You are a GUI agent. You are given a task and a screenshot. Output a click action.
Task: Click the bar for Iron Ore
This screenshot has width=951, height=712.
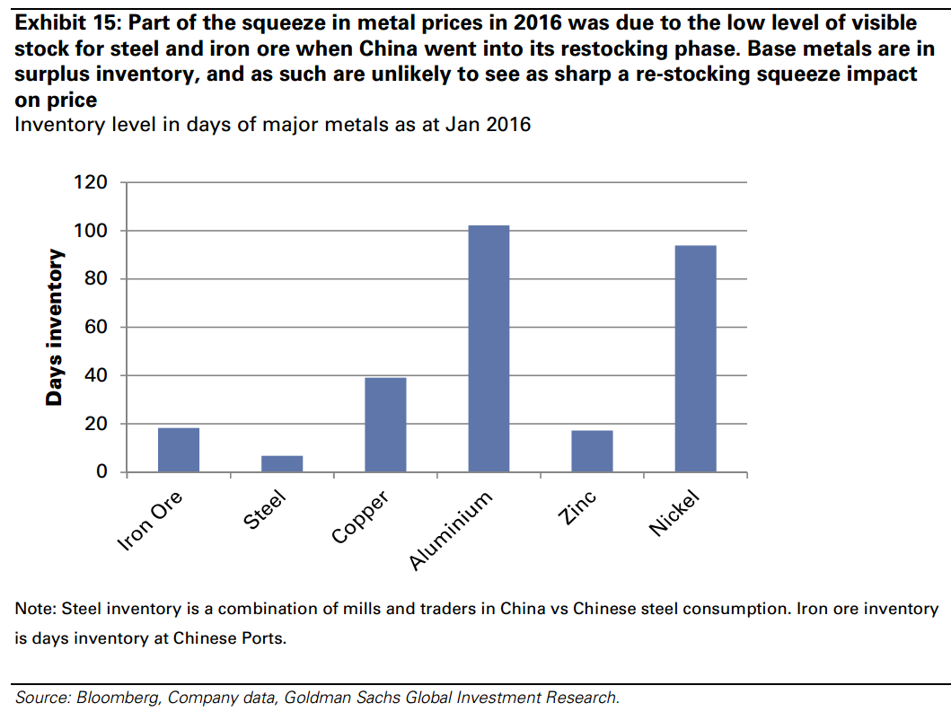click(x=179, y=450)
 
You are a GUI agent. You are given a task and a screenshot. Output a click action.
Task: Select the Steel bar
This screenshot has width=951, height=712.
click(x=282, y=463)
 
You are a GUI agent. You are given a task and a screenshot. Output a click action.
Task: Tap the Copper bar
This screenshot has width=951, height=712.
click(x=385, y=425)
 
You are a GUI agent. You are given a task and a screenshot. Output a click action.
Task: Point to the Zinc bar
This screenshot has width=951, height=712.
click(x=592, y=451)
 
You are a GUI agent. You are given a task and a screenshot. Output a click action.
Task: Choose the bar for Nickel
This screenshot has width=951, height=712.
click(x=695, y=358)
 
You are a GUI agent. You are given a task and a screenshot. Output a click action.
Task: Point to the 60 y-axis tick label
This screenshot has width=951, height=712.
click(x=94, y=328)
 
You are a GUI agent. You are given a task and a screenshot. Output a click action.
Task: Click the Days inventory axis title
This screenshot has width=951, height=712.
click(x=56, y=328)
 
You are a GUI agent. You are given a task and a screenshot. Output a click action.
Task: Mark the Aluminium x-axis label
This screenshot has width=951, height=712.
click(x=452, y=531)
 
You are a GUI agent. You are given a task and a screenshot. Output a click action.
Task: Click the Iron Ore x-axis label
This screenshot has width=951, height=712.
click(x=151, y=520)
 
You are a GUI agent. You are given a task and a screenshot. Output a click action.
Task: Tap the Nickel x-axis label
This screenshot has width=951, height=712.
click(x=674, y=514)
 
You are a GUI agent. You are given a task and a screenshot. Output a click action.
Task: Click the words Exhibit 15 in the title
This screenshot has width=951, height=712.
click(x=66, y=22)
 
